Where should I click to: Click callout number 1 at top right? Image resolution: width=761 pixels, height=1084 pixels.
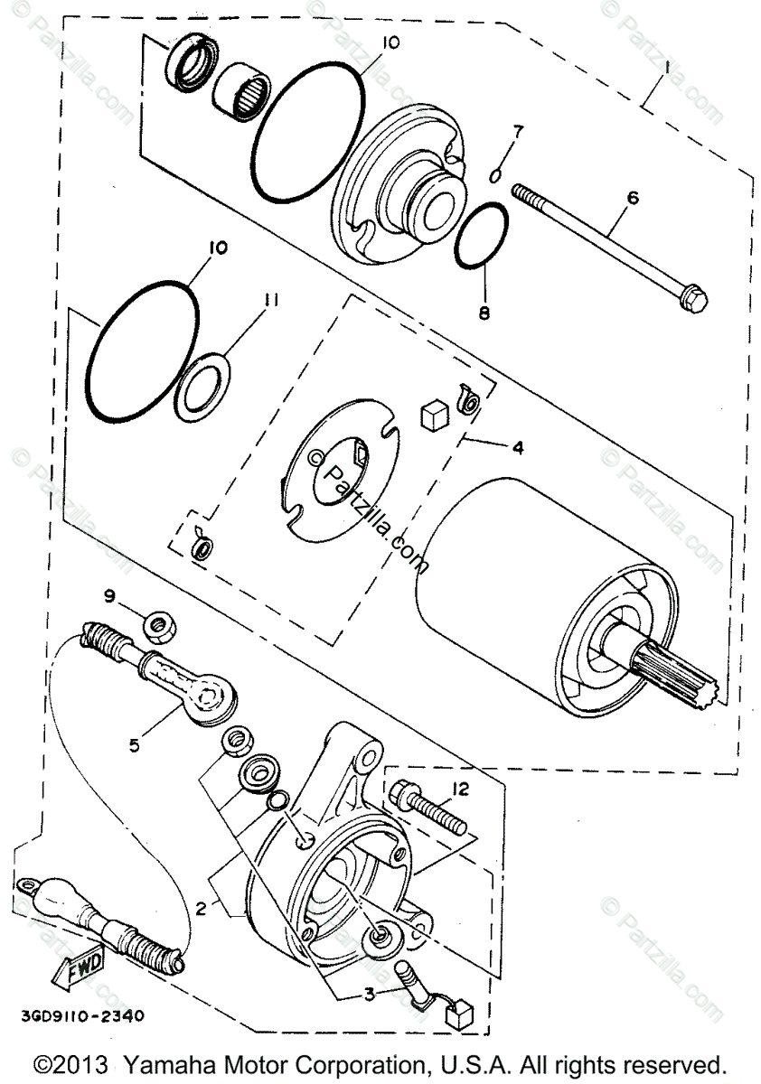[x=666, y=67]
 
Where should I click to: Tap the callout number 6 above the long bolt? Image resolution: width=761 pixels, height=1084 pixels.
[x=632, y=198]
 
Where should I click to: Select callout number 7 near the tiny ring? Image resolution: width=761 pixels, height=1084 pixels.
[x=516, y=131]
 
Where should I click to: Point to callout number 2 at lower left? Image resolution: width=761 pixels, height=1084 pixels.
[x=202, y=908]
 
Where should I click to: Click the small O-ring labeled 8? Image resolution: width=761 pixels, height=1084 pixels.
[x=480, y=235]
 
